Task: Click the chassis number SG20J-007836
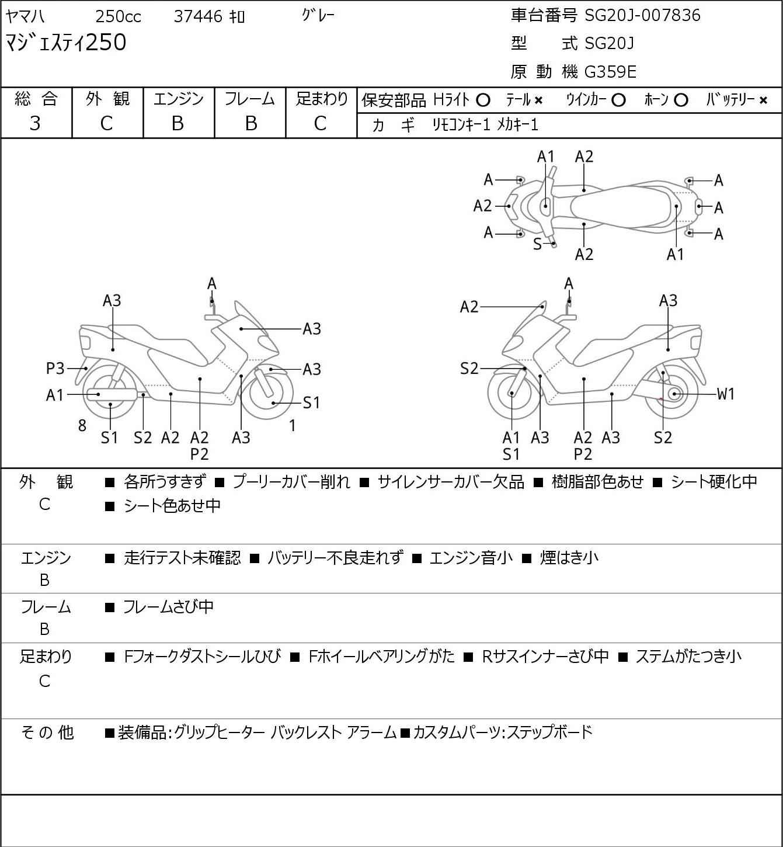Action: point(642,16)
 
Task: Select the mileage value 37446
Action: point(198,16)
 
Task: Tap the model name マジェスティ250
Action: point(65,42)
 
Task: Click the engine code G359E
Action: point(610,72)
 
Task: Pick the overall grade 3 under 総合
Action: point(35,124)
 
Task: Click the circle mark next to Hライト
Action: point(483,100)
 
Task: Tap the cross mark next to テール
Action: point(538,100)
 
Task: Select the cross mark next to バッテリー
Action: point(763,100)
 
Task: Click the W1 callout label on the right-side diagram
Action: point(725,394)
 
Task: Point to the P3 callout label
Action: point(55,368)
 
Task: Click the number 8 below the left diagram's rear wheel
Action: point(82,425)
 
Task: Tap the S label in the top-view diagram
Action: point(537,244)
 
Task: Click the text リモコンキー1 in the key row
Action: point(461,125)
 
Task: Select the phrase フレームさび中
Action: point(168,607)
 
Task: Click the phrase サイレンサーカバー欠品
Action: point(451,482)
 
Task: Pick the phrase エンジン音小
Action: point(471,558)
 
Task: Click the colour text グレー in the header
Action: point(318,16)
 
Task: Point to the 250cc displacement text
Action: point(118,16)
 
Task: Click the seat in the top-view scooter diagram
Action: point(622,206)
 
